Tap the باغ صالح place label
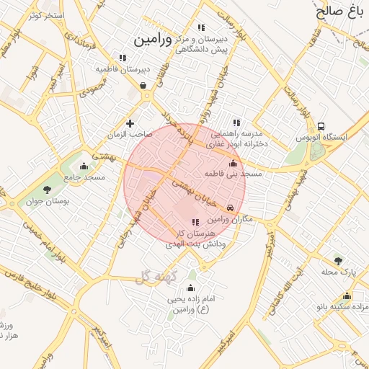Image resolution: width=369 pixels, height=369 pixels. pyautogui.click(x=341, y=11)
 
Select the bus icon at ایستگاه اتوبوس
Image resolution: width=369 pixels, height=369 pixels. pyautogui.click(x=321, y=125)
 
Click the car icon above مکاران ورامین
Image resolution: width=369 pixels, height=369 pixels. pyautogui.click(x=231, y=207)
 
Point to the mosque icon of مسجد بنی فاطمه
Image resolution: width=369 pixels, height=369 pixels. pyautogui.click(x=232, y=163)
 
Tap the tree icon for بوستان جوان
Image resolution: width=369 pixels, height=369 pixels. pyautogui.click(x=48, y=190)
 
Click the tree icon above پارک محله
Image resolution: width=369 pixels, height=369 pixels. pyautogui.click(x=338, y=260)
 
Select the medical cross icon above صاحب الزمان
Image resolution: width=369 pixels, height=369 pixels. pyautogui.click(x=130, y=123)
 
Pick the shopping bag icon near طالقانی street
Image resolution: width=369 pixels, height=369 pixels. pyautogui.click(x=143, y=86)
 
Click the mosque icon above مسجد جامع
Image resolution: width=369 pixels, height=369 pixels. pyautogui.click(x=84, y=165)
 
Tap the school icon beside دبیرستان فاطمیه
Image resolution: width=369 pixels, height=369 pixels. pyautogui.click(x=123, y=58)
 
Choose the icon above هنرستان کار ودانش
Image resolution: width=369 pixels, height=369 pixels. pyautogui.click(x=195, y=222)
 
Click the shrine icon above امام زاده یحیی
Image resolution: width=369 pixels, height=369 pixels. pyautogui.click(x=190, y=286)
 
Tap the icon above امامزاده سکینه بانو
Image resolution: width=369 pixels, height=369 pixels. pyautogui.click(x=347, y=295)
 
